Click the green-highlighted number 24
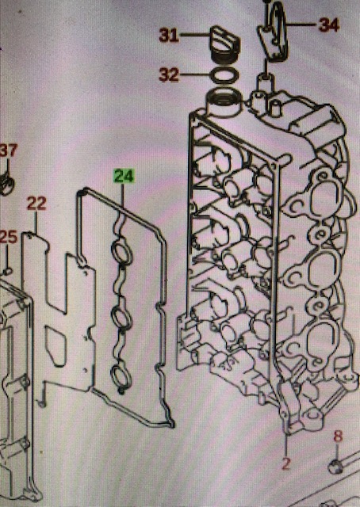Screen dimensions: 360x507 (x=124, y=177)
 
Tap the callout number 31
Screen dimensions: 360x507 (x=169, y=35)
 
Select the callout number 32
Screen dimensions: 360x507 (x=169, y=75)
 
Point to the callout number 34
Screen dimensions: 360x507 (x=329, y=25)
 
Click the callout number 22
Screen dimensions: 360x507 (x=36, y=204)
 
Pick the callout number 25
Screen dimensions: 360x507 (x=8, y=237)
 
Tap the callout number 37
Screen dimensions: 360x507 (x=9, y=151)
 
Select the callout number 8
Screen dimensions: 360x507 (x=338, y=436)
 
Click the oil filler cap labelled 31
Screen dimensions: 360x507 (x=224, y=44)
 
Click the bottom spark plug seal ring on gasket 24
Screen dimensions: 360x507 (x=121, y=376)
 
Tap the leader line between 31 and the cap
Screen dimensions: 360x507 (x=195, y=34)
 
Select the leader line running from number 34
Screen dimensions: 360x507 (x=301, y=24)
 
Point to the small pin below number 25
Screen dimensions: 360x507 (x=7, y=271)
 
